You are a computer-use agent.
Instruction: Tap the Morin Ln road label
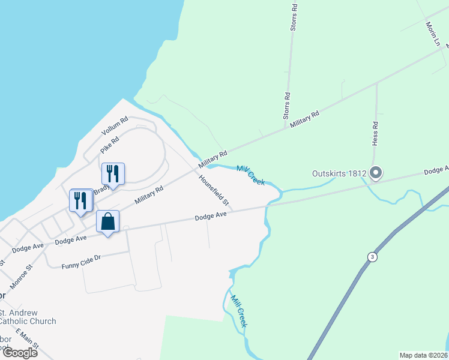(x=433, y=34)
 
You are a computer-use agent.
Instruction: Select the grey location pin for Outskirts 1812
(x=376, y=173)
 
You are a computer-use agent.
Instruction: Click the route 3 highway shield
(x=373, y=257)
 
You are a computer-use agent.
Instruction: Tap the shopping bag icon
(x=107, y=222)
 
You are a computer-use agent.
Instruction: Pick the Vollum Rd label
(x=115, y=125)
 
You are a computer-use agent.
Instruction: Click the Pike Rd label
(x=110, y=145)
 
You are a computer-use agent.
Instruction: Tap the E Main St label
(x=28, y=340)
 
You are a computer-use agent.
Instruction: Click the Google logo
(x=19, y=352)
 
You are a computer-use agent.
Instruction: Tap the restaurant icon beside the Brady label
(x=113, y=174)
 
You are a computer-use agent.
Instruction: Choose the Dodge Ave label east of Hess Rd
(x=436, y=171)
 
